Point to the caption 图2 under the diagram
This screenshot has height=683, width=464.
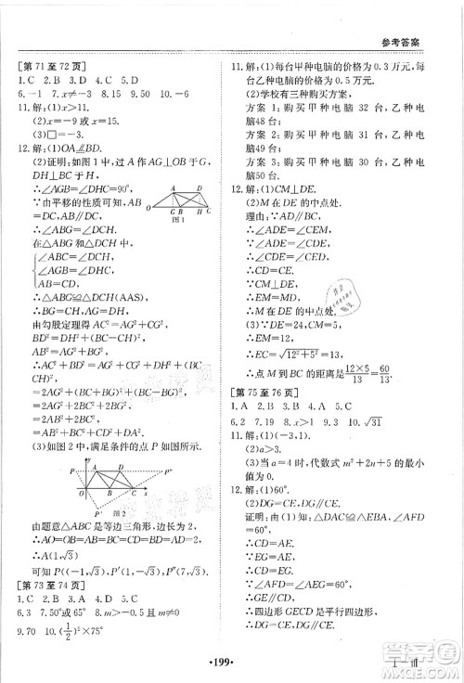(x=118, y=509)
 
